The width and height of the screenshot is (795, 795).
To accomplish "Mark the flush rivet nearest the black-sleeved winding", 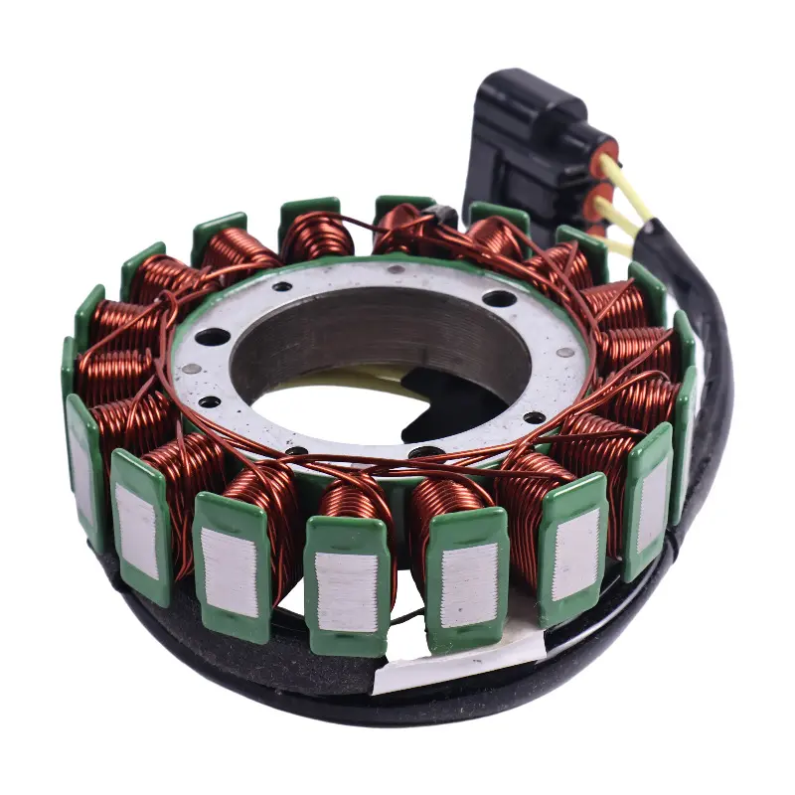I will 397,269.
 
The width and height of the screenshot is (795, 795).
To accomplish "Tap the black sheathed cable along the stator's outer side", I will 711,397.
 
